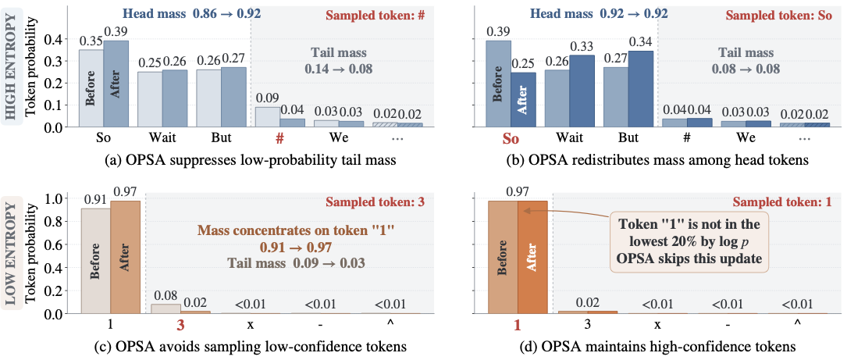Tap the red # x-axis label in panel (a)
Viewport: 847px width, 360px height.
279,139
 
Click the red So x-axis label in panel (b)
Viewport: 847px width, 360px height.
511,139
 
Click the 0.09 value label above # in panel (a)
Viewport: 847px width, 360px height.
268,99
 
